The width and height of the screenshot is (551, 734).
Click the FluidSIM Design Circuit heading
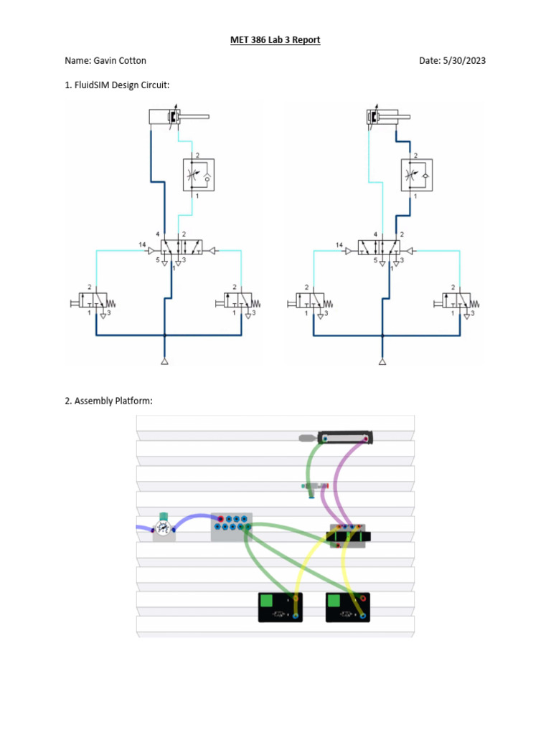coord(121,86)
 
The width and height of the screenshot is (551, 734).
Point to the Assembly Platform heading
coord(108,401)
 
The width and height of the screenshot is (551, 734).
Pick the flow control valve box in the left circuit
coord(197,173)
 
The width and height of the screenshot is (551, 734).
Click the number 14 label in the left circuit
coord(142,245)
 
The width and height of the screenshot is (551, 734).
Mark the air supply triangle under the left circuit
coord(164,361)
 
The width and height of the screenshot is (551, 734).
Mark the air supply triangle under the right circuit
coord(382,361)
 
